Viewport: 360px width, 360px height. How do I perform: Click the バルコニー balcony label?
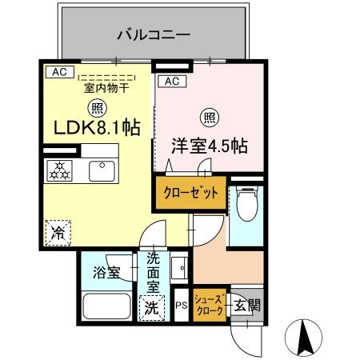(x=153, y=34)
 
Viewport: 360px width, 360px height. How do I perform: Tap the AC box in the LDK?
(x=58, y=72)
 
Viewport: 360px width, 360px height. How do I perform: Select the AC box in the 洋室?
(x=172, y=81)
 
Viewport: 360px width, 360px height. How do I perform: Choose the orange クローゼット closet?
(x=190, y=194)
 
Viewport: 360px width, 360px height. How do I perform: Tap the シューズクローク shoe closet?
(x=210, y=304)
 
